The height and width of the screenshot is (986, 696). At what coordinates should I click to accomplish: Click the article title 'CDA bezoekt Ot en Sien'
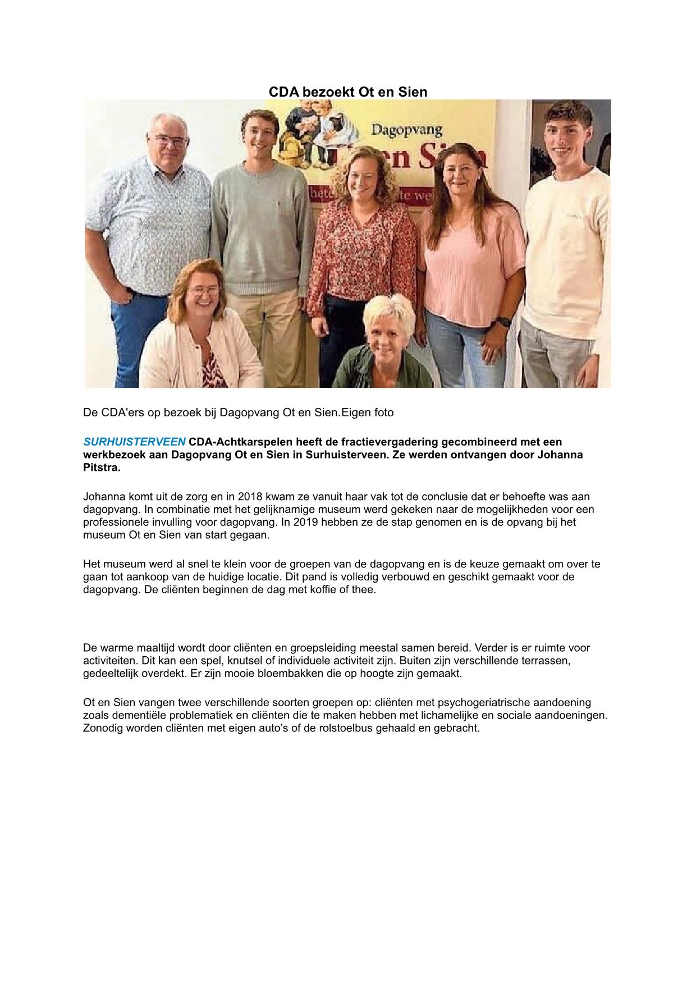tap(348, 92)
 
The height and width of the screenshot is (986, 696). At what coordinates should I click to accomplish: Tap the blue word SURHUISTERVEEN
tap(134, 442)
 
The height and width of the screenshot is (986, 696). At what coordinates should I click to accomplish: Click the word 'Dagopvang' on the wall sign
tap(407, 130)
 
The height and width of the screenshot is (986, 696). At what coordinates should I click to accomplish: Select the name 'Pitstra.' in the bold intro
tap(102, 467)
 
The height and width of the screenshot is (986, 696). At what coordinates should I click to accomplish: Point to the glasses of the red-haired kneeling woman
tap(203, 292)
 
